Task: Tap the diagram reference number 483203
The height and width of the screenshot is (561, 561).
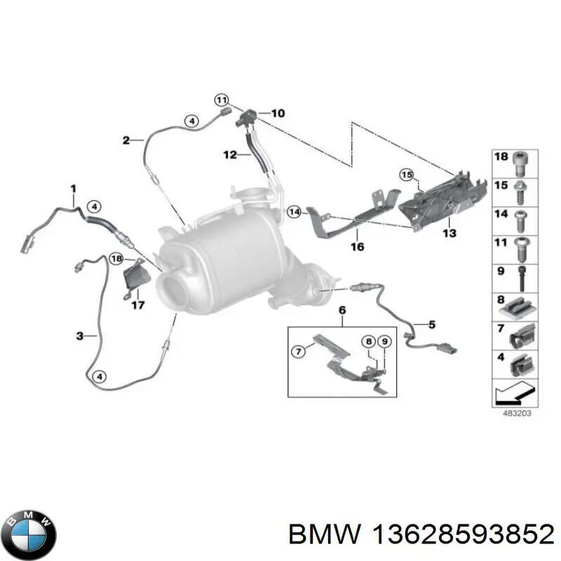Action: (x=518, y=414)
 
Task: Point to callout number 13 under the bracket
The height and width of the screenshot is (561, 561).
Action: (x=449, y=232)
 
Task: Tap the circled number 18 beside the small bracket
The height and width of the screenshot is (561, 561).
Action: (x=116, y=260)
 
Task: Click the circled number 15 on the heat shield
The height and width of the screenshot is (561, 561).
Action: (x=407, y=174)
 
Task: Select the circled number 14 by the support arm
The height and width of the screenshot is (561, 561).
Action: (x=294, y=210)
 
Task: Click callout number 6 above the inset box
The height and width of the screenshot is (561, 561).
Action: (x=342, y=309)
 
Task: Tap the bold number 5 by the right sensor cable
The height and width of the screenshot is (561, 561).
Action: (x=432, y=324)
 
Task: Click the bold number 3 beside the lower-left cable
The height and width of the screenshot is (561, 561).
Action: (x=81, y=337)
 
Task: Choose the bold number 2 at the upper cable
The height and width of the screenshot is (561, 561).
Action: (x=126, y=140)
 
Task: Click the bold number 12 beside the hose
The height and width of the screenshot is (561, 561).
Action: (x=231, y=154)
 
